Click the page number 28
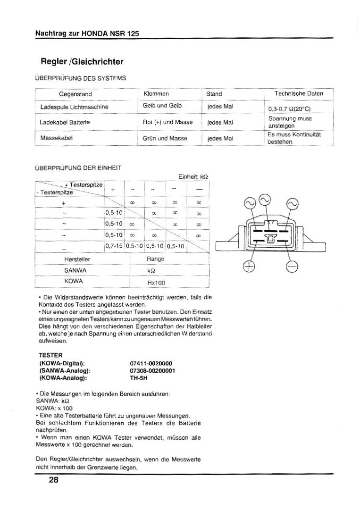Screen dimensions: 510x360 click(53, 481)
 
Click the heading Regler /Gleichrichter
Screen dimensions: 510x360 click(82, 62)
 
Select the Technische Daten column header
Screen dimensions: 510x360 click(299, 94)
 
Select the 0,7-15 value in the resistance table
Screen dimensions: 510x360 click(114, 245)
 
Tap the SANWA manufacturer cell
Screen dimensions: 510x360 click(75, 270)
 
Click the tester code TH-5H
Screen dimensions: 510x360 click(139, 377)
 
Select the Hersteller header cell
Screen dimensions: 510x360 click(77, 259)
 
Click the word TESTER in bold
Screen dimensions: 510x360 click(50, 355)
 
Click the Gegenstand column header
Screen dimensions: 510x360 click(75, 94)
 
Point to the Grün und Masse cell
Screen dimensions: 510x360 click(165, 138)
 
